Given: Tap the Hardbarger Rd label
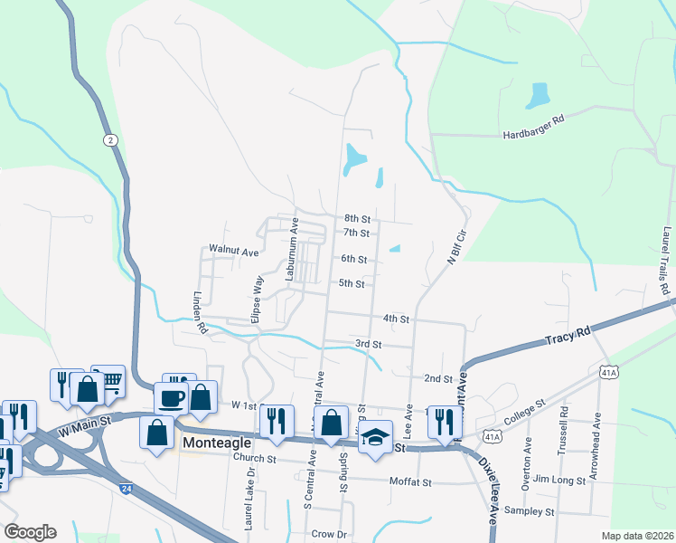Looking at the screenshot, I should [x=533, y=134].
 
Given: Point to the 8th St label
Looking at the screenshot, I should [x=358, y=219].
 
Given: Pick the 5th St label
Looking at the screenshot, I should [x=351, y=284].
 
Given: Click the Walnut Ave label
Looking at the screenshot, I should [x=234, y=249].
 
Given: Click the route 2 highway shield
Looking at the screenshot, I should [x=109, y=139].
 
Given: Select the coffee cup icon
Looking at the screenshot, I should [x=171, y=396].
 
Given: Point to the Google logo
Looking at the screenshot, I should [x=30, y=532].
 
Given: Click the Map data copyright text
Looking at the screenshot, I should [x=637, y=536].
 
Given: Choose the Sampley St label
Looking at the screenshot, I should [x=529, y=512].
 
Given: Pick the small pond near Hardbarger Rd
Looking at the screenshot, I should [x=540, y=94].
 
